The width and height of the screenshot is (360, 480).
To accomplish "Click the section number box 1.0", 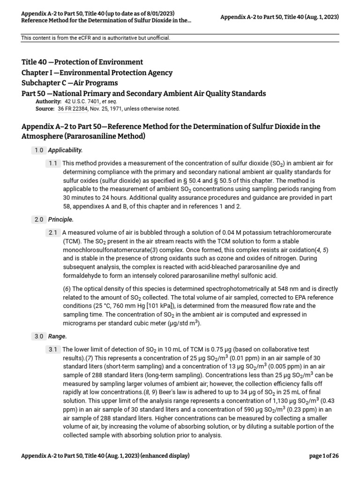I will pyautogui.click(x=39, y=150).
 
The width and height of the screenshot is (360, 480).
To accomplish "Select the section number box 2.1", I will pyautogui.click(x=52, y=232).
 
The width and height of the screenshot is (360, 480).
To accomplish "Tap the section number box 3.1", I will pyautogui.click(x=52, y=349).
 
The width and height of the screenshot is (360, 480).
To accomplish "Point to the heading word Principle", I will pyautogui.click(x=61, y=219).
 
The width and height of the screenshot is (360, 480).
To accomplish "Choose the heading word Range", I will pyautogui.click(x=58, y=336).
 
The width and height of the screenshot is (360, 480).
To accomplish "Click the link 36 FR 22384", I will pyautogui.click(x=73, y=109).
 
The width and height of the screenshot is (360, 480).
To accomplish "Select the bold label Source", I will pyautogui.click(x=45, y=109).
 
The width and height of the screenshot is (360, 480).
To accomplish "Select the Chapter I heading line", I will pyautogui.click(x=97, y=73).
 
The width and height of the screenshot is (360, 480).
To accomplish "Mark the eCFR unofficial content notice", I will pyautogui.click(x=96, y=38).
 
